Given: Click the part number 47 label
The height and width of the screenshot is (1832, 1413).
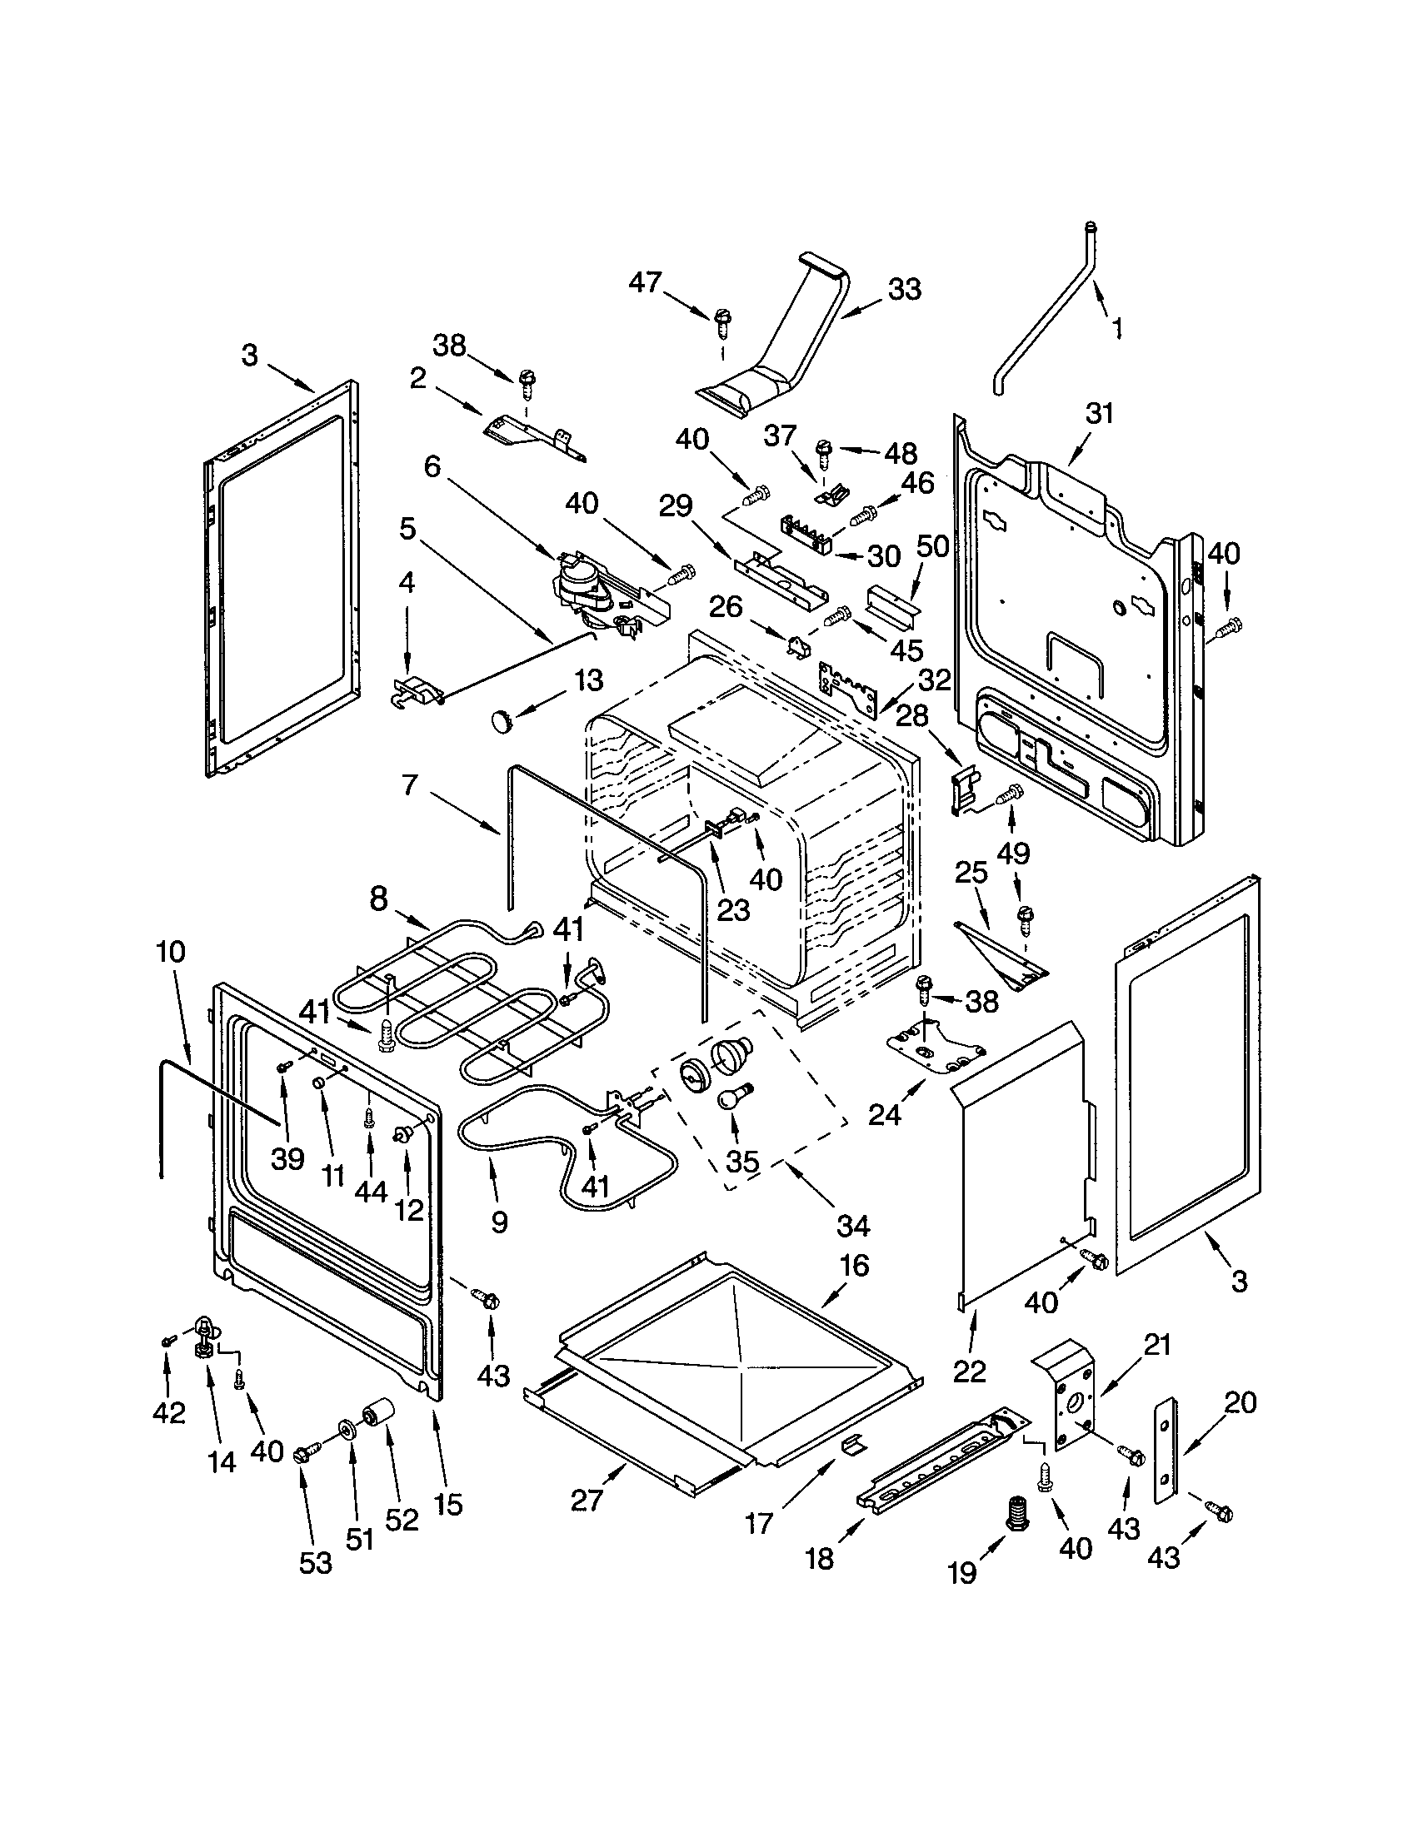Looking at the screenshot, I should click(645, 282).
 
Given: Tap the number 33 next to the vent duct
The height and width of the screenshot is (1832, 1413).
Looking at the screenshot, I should click(904, 290).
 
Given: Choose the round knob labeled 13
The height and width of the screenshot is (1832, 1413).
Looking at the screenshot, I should click(501, 719).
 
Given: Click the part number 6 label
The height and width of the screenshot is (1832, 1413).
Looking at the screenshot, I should click(432, 466).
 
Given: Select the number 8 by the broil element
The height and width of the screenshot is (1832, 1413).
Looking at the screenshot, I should click(378, 899).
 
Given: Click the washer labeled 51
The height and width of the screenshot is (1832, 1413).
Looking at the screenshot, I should click(346, 1428).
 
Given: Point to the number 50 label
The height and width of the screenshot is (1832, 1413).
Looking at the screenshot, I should click(932, 546).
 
